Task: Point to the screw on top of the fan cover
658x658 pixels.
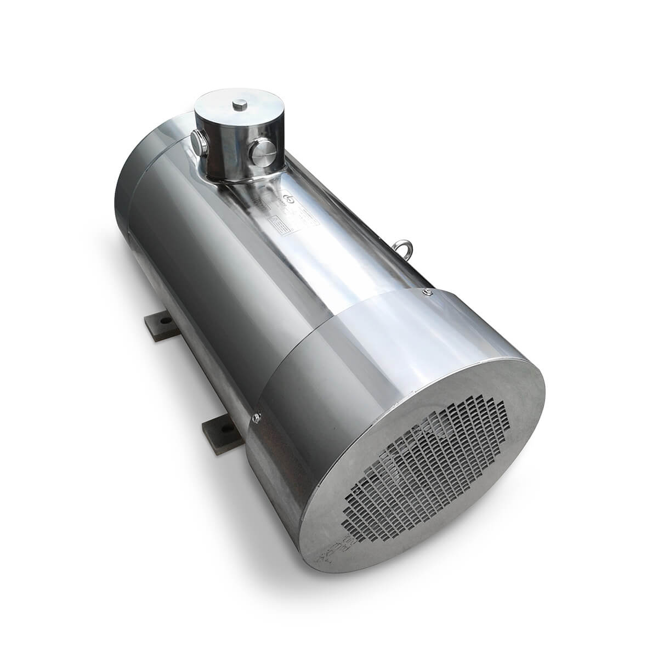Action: click(426, 293)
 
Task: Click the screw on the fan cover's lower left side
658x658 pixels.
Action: click(256, 419)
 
